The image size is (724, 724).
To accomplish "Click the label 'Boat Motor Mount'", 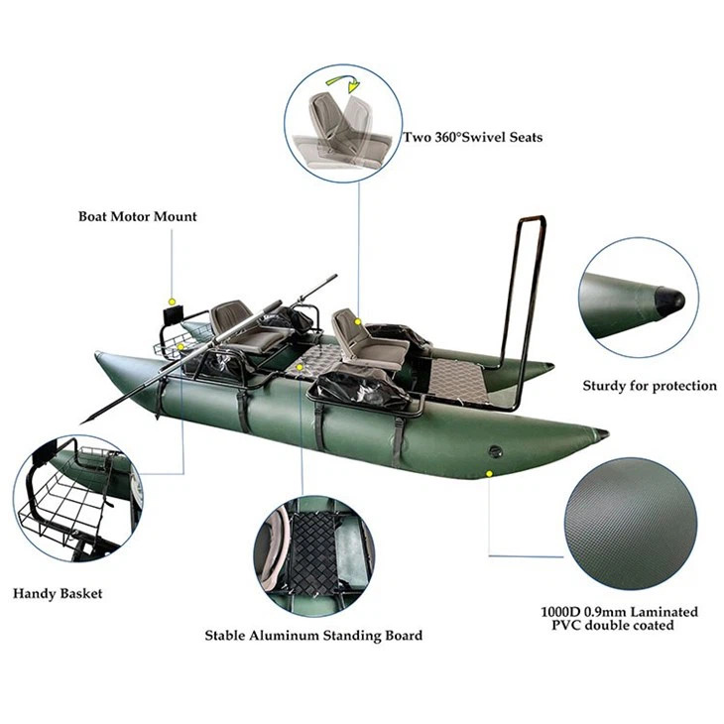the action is click(x=138, y=216).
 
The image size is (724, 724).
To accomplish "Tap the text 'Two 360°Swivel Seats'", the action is click(x=473, y=137).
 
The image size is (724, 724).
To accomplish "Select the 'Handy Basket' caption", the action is click(x=58, y=594).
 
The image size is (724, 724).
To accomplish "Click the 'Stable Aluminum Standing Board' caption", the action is click(x=313, y=636).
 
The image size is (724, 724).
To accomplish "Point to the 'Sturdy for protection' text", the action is click(x=650, y=386).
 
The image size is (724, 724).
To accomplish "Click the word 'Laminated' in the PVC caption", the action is click(x=664, y=612).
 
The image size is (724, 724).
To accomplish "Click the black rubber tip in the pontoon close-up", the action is click(x=670, y=301).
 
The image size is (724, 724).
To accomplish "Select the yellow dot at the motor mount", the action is click(x=173, y=302).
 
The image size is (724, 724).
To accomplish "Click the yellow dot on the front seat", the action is click(x=357, y=321).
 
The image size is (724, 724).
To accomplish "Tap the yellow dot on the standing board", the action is click(x=301, y=367).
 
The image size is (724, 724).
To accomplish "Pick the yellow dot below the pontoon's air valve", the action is click(x=489, y=473).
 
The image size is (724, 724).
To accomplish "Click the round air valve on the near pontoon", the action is click(x=496, y=451).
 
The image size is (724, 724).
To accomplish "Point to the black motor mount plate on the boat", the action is click(x=174, y=316).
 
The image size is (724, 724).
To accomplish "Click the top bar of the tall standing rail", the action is click(x=533, y=218).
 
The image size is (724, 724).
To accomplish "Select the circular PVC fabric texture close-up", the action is click(x=630, y=524).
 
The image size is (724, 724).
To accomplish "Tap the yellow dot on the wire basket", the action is click(x=181, y=346).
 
